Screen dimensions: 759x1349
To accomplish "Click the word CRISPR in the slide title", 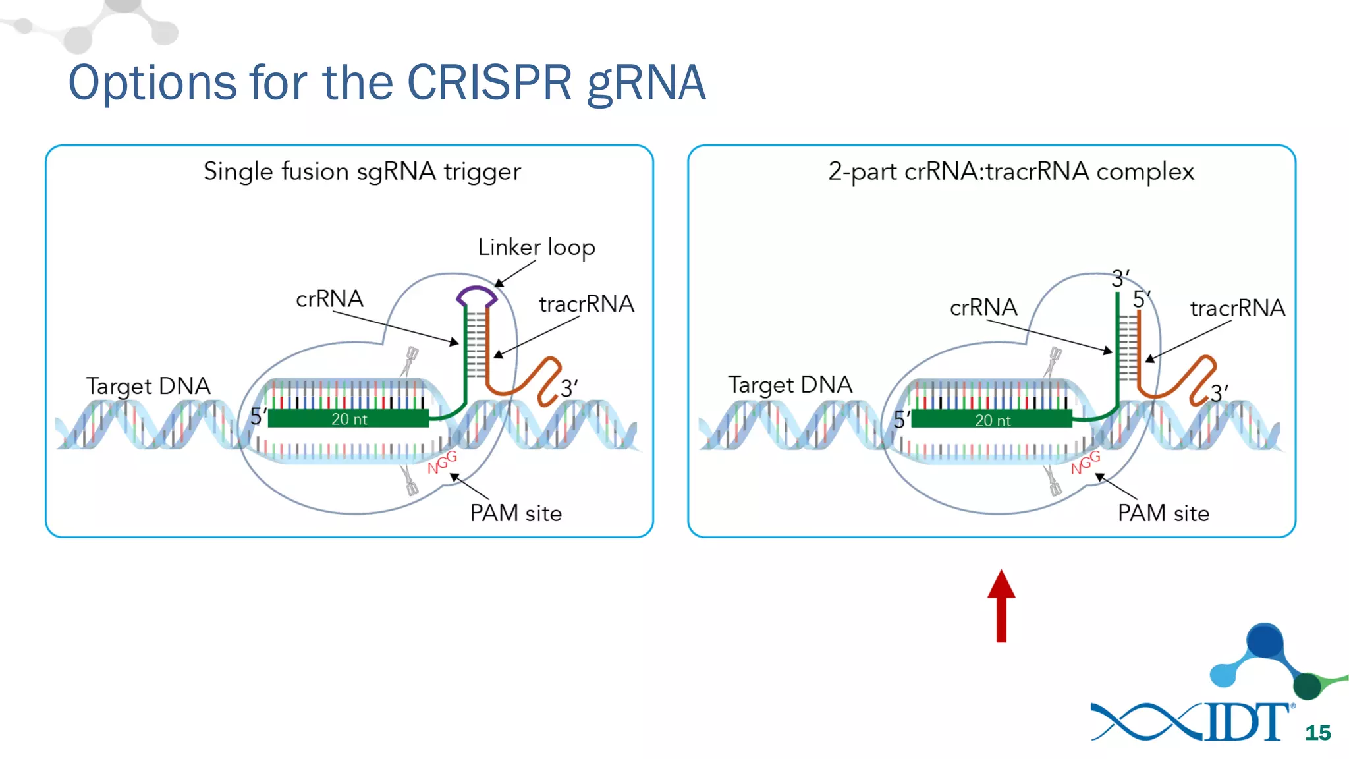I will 489,83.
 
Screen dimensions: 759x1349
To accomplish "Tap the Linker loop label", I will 536,248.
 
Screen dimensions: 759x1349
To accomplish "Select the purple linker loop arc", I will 476,293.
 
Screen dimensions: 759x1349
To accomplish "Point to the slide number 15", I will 1317,733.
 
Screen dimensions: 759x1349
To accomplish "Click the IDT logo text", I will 1246,722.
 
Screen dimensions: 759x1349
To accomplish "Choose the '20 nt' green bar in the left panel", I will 348,419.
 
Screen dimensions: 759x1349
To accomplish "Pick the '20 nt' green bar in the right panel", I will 992,420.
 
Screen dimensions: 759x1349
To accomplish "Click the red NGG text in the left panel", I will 442,462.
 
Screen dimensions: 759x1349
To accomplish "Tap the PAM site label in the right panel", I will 1163,513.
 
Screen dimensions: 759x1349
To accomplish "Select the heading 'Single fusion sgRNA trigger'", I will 362,172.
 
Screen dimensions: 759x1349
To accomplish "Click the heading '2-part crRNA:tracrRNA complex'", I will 1010,172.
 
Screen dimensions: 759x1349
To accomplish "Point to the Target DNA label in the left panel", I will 148,386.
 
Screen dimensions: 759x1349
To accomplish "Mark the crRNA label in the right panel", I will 983,308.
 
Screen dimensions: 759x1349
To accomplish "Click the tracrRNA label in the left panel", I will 586,304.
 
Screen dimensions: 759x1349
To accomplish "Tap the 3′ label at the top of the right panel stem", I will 1120,279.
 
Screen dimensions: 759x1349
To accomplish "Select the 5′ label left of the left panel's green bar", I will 258,416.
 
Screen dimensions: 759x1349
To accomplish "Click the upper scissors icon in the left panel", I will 411,359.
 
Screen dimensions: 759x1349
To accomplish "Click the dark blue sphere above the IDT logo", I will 1265,639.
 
